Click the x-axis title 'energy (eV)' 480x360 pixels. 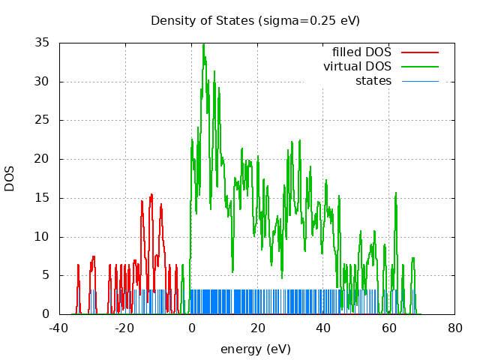pyautogui.click(x=255, y=349)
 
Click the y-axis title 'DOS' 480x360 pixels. pyautogui.click(x=10, y=178)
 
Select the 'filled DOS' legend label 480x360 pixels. pyautogui.click(x=361, y=52)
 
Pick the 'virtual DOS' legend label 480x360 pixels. pyautogui.click(x=357, y=67)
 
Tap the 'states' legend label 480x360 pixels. pyautogui.click(x=373, y=80)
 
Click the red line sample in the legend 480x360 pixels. pyautogui.click(x=419, y=52)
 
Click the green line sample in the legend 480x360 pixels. pyautogui.click(x=419, y=67)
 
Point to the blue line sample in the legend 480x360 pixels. pyautogui.click(x=419, y=80)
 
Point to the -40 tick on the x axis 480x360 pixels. pyautogui.click(x=59, y=328)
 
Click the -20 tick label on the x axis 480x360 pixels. pyautogui.click(x=125, y=328)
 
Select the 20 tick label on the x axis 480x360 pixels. pyautogui.click(x=257, y=328)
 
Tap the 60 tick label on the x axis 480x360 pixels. pyautogui.click(x=388, y=328)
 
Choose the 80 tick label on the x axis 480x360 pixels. pyautogui.click(x=454, y=328)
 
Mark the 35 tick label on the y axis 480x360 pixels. pyautogui.click(x=43, y=43)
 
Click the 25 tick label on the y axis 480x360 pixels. pyautogui.click(x=43, y=120)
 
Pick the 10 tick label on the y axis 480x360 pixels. pyautogui.click(x=43, y=236)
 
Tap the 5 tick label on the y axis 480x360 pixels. pyautogui.click(x=46, y=275)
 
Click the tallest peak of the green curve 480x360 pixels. pyautogui.click(x=203, y=44)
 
